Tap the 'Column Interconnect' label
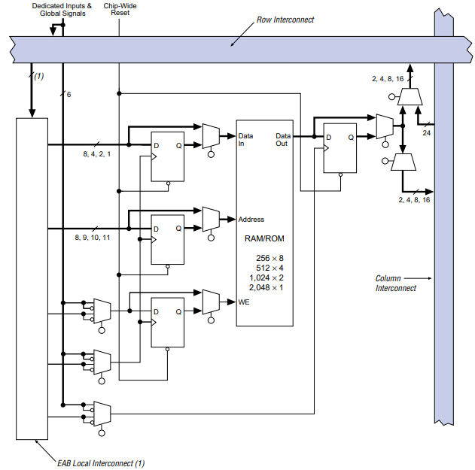395,283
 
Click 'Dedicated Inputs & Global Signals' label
62,9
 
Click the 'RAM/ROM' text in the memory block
263,238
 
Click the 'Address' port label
251,220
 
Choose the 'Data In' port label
245,140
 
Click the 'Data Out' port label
282,140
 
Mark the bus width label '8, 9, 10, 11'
92,237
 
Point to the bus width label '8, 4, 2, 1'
96,154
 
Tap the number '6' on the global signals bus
68,95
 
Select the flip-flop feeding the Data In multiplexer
167,159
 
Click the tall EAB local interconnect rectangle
32,278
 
